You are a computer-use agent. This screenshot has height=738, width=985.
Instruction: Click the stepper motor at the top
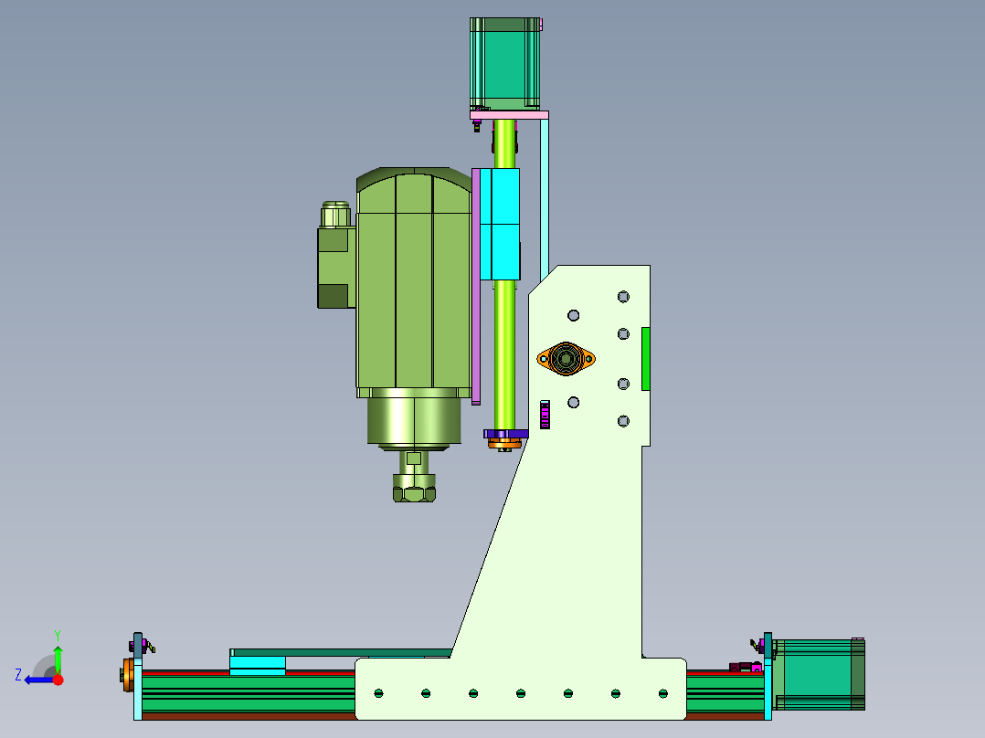click(x=504, y=63)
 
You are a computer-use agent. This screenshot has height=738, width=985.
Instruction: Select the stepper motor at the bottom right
click(x=819, y=675)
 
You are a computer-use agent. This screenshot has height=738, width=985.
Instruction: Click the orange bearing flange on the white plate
click(x=566, y=359)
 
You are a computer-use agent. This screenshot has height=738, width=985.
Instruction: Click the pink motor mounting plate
click(x=510, y=115)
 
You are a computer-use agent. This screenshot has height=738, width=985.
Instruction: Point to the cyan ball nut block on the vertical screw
click(x=500, y=224)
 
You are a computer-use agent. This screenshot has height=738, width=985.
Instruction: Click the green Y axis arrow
click(x=58, y=659)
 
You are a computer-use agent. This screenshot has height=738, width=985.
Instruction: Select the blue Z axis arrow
click(x=39, y=680)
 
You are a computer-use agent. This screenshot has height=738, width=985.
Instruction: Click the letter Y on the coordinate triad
click(x=58, y=635)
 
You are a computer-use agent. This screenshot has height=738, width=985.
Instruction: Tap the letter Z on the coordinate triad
click(x=18, y=675)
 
